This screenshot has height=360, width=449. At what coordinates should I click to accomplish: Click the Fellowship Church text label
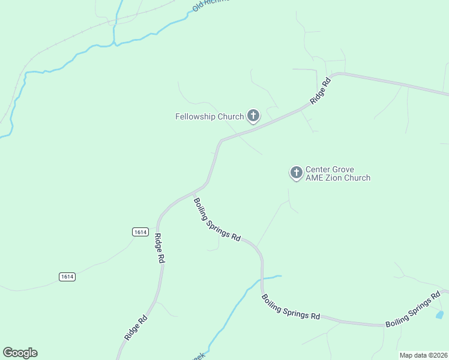coord(209,116)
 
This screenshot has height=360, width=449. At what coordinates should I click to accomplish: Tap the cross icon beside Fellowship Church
coord(253,116)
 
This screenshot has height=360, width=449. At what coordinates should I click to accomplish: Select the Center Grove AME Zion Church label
coord(337,174)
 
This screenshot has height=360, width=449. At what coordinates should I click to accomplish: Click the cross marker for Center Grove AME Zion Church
coord(296,173)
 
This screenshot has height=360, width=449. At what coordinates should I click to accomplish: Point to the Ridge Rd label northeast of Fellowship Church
coord(321,91)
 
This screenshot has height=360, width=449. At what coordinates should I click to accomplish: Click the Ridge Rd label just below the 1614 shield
coord(160,248)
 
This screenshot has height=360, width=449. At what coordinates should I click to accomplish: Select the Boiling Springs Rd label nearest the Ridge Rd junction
coord(217,220)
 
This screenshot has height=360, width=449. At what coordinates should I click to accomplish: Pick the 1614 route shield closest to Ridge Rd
coord(140,232)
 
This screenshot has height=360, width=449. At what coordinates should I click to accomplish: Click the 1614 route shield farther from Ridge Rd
coord(67,277)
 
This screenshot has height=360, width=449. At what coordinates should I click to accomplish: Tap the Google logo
coord(20,353)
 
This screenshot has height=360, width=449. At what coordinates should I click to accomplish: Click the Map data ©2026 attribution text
coord(423,355)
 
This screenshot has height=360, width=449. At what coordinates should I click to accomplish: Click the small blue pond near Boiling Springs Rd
coord(439,314)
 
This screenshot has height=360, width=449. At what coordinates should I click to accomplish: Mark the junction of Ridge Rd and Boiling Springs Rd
coord(194,196)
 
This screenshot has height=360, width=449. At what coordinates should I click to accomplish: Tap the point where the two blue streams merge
coord(115,44)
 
